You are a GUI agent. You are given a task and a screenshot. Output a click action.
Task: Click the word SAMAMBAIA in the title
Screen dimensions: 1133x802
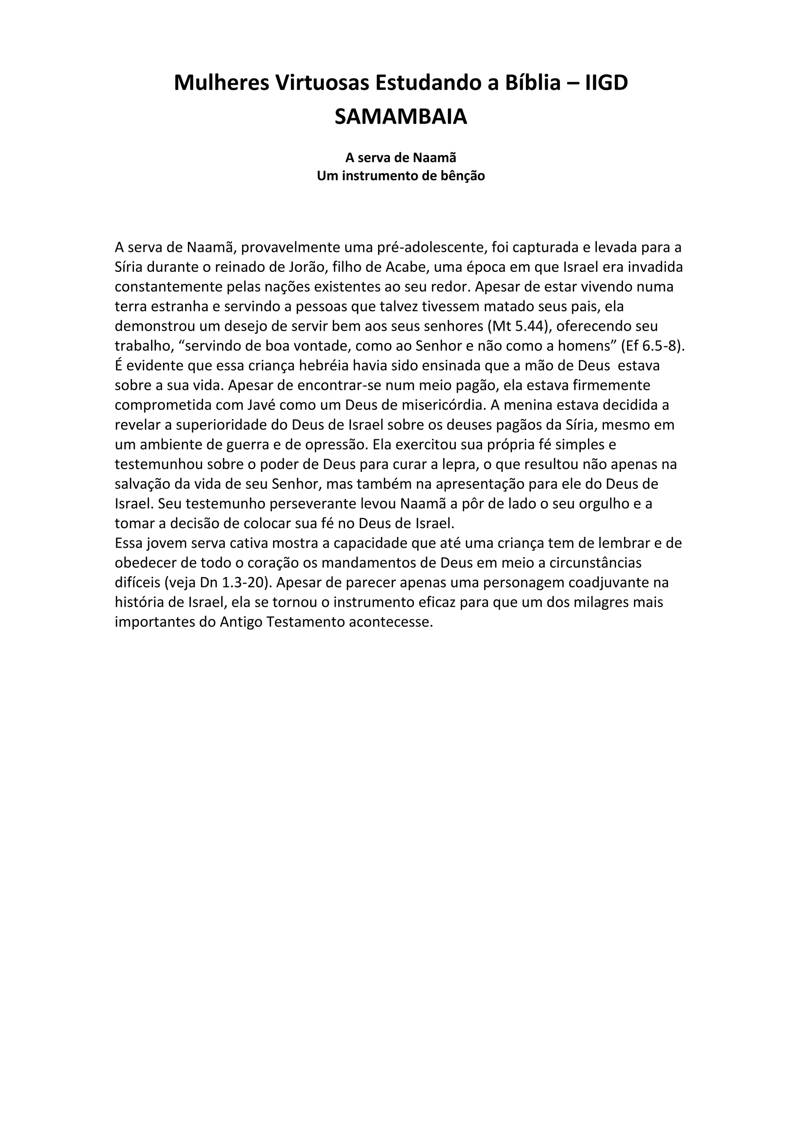401,117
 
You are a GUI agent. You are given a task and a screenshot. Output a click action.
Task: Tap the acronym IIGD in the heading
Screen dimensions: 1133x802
607,83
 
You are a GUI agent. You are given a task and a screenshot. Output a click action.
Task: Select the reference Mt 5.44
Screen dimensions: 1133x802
518,326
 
